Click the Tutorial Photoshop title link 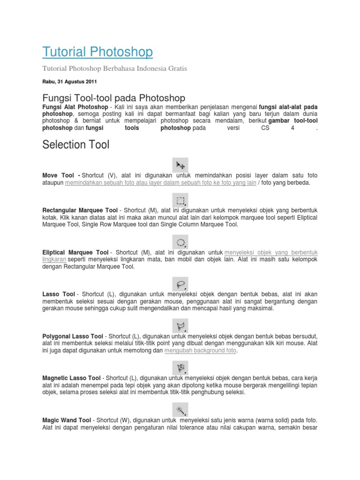click(97, 52)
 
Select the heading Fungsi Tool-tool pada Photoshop click(114, 98)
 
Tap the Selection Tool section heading click(75, 145)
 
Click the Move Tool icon click(180, 165)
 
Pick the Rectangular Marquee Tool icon click(180, 201)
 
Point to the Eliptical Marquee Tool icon click(180, 242)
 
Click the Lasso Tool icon click(180, 284)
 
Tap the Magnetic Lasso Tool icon click(180, 366)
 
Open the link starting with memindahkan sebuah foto click(161, 183)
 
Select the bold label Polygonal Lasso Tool click(73, 337)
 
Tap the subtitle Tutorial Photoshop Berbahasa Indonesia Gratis click(114, 68)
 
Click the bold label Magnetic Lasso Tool click(71, 378)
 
